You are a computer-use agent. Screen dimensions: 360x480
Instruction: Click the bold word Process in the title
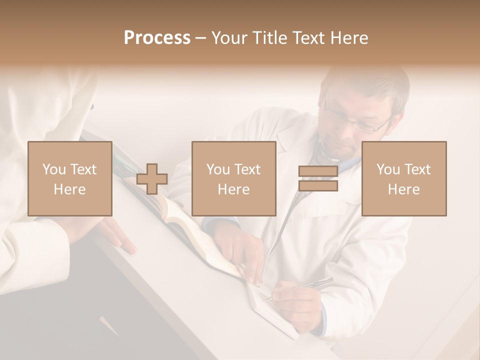click(x=157, y=38)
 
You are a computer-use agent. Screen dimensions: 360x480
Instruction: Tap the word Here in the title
click(x=349, y=38)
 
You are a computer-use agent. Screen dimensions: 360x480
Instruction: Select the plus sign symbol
click(x=152, y=178)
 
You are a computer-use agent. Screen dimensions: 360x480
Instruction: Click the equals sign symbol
click(x=318, y=178)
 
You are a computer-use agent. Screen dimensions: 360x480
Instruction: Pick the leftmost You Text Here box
click(x=69, y=178)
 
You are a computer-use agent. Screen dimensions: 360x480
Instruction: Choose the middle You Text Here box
click(x=233, y=178)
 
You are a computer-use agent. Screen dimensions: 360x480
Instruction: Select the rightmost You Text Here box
click(x=404, y=178)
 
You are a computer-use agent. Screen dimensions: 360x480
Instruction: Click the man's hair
click(x=370, y=82)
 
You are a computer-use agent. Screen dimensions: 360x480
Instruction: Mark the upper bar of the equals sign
click(x=318, y=171)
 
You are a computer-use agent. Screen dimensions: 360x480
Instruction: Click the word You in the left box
click(x=54, y=169)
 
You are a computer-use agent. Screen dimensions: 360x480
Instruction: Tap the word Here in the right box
click(x=404, y=189)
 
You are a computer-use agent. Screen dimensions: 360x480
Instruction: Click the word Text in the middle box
click(x=247, y=169)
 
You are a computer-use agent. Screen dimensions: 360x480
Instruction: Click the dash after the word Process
click(x=200, y=38)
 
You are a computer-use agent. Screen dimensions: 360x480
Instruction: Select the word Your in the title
click(x=229, y=38)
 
